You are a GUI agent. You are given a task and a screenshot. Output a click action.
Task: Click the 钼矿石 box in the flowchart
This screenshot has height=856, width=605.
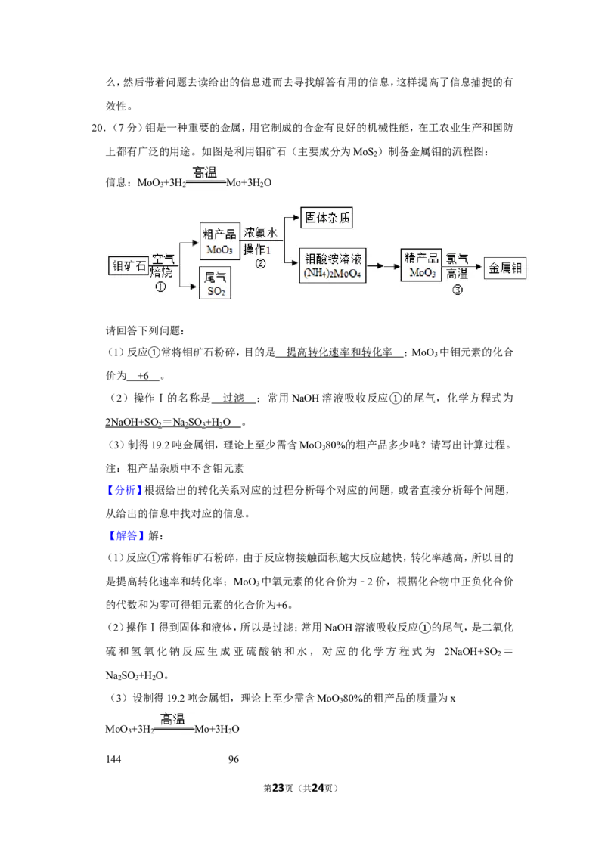click(129, 266)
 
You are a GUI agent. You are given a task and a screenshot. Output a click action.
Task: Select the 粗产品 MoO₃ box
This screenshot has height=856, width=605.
click(219, 240)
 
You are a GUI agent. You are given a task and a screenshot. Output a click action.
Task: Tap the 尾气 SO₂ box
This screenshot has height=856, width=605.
click(215, 283)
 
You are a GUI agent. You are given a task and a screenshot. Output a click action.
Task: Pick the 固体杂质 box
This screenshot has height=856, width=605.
click(327, 217)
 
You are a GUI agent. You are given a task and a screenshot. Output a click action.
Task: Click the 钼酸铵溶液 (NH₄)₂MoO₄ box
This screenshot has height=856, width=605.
click(333, 265)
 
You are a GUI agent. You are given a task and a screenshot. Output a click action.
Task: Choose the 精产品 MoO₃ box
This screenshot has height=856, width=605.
click(421, 265)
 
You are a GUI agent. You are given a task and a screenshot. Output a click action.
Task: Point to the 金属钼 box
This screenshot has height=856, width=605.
click(505, 268)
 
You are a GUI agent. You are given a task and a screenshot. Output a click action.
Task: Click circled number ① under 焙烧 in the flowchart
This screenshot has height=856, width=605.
click(160, 287)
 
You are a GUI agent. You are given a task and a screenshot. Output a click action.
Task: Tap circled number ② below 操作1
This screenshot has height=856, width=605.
click(260, 264)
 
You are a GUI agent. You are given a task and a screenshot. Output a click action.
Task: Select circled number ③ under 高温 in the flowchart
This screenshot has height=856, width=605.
click(458, 290)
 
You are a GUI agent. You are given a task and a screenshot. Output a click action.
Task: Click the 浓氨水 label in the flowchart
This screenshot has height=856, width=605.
click(260, 232)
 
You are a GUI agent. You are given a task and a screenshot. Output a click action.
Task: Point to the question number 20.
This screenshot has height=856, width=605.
click(98, 128)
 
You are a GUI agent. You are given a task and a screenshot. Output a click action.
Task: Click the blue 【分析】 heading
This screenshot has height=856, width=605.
click(125, 490)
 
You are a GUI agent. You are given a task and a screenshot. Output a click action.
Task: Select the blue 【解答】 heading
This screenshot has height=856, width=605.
click(126, 535)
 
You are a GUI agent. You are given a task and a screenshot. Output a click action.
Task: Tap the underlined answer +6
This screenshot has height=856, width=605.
click(143, 376)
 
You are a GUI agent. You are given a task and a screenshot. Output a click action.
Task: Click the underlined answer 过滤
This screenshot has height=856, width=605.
click(234, 399)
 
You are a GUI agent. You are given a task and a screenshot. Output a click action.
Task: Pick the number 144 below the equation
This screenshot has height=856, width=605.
click(113, 759)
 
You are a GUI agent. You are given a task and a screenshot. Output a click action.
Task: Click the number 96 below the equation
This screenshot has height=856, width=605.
click(234, 759)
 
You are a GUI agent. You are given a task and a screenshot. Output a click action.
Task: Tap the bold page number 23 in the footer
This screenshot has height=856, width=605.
click(278, 788)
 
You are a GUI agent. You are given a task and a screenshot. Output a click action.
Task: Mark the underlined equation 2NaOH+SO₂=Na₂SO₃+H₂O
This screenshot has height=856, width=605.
click(168, 423)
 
